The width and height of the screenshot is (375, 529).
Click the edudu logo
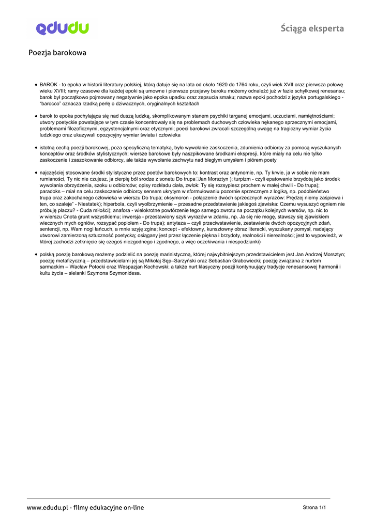pos(62,28)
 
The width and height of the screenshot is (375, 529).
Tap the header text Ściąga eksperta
pos(312,28)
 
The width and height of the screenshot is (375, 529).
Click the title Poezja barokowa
pos(57,53)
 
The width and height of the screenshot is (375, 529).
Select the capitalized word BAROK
pos(49,84)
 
